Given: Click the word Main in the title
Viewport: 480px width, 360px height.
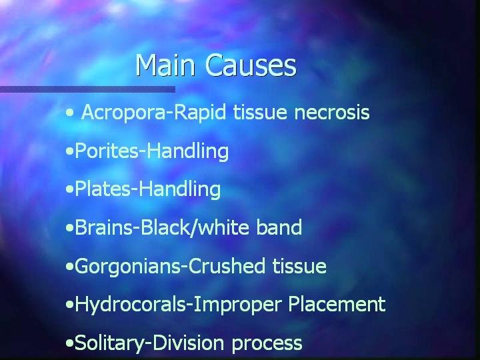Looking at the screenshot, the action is [x=165, y=65].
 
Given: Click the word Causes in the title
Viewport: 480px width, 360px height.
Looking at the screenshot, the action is [x=251, y=65].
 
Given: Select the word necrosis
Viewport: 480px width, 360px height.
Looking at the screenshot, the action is [x=332, y=113].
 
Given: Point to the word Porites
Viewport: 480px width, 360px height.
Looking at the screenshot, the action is [x=107, y=151].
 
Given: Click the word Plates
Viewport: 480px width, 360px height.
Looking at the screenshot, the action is [x=103, y=189].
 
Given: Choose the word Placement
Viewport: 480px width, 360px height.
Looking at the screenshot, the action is [x=337, y=304].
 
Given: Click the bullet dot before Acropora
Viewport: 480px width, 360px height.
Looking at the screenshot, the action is [x=70, y=113].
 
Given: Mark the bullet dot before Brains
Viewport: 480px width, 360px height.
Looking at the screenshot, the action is [x=70, y=228].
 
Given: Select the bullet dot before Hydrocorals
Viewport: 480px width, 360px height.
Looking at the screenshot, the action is [x=70, y=305].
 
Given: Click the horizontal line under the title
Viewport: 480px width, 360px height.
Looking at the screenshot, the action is [x=87, y=89].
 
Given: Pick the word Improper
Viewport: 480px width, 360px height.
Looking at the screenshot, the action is [x=237, y=305].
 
